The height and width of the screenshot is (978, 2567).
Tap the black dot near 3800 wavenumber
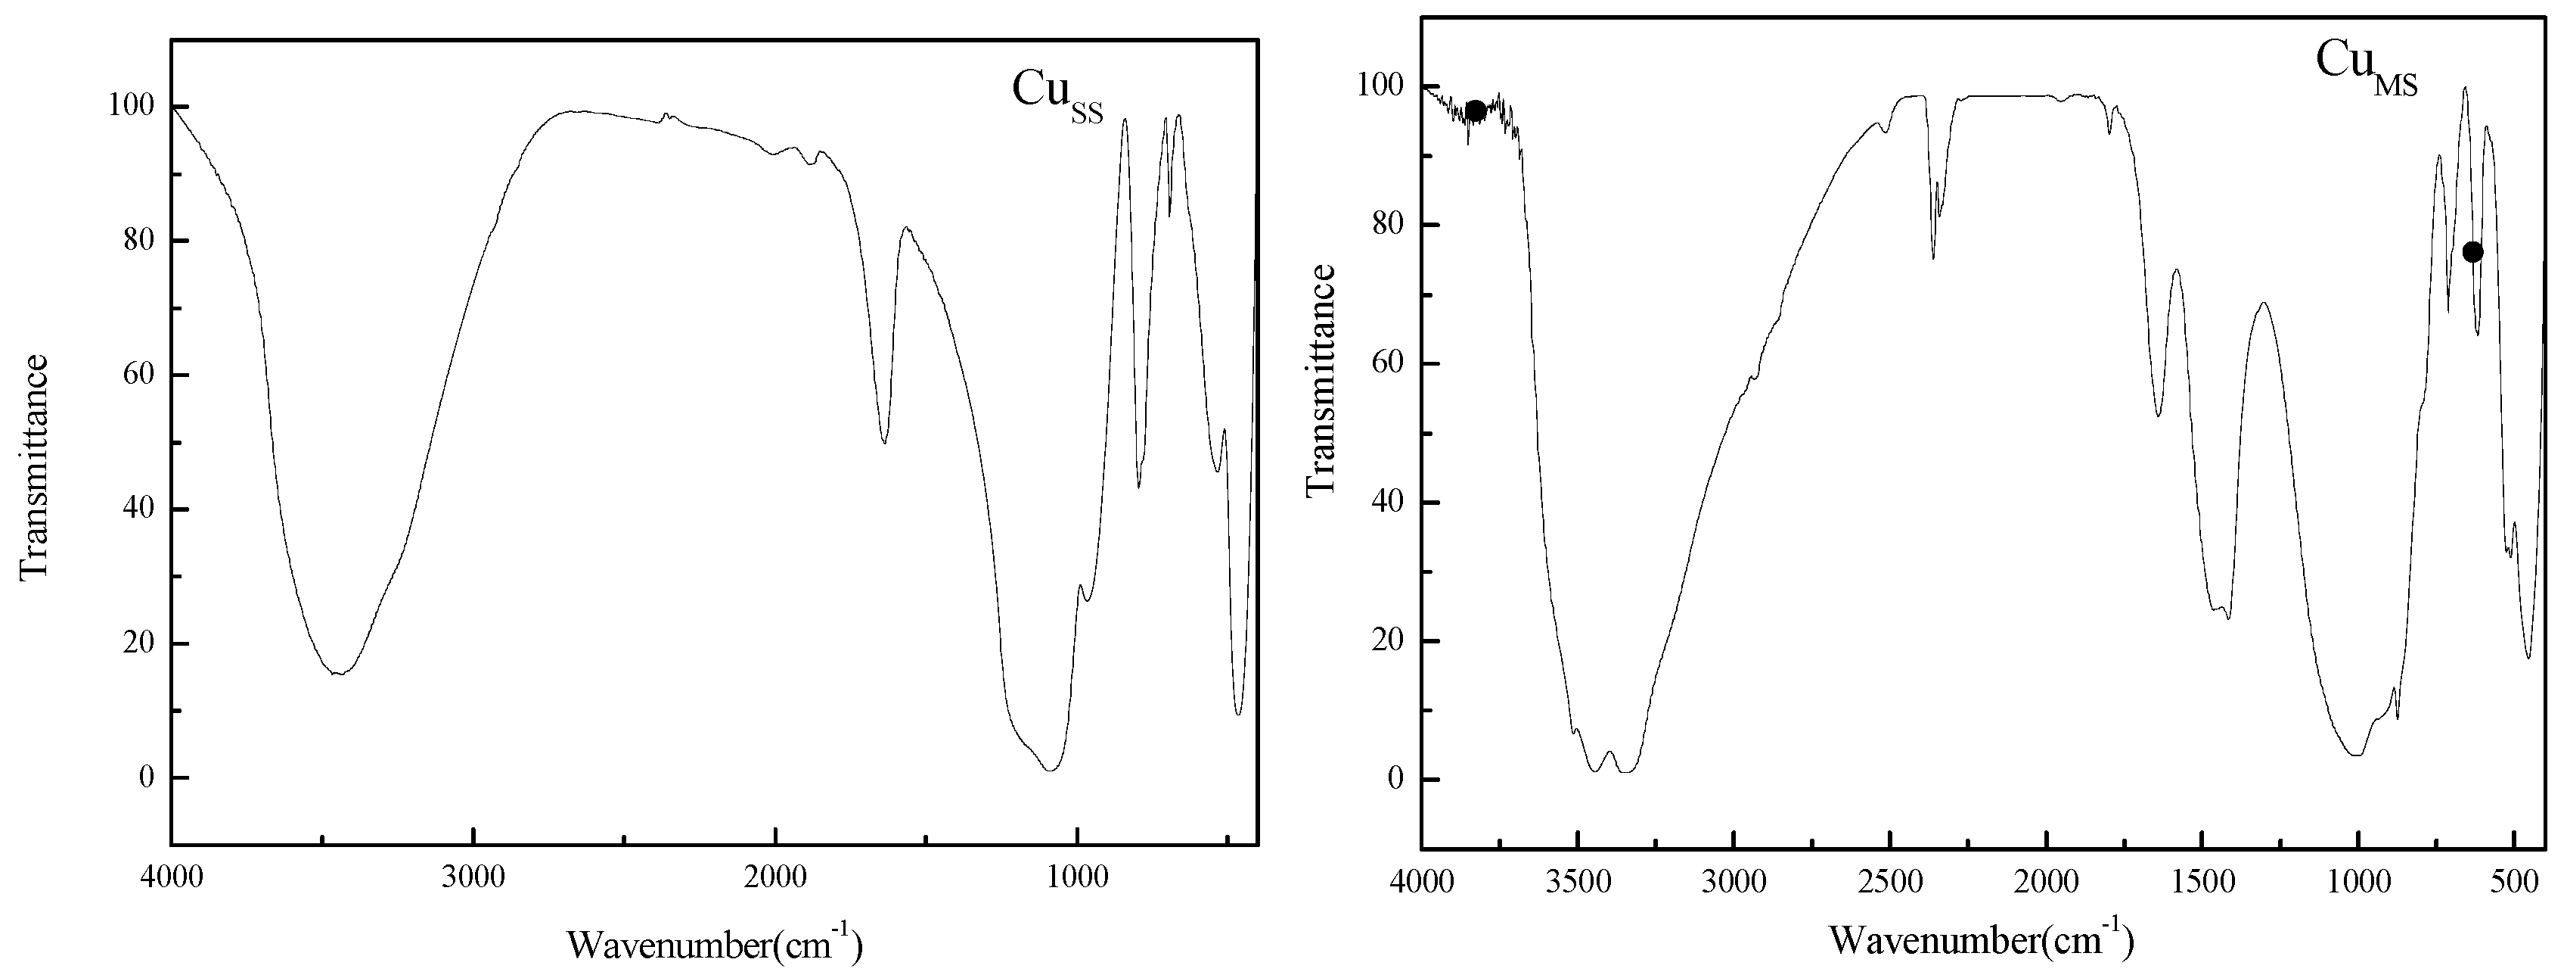click(x=1475, y=111)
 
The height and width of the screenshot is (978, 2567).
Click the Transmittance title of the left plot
click(x=34, y=466)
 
